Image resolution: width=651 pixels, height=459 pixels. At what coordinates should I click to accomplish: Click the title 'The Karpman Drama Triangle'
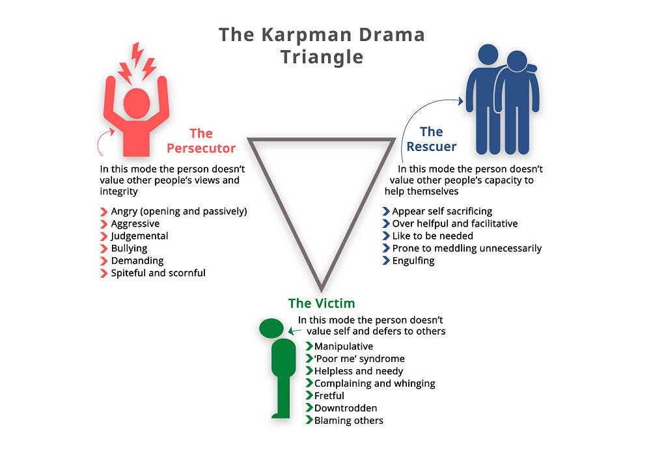[x=322, y=45]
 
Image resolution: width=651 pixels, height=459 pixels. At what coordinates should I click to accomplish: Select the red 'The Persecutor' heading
[x=201, y=141]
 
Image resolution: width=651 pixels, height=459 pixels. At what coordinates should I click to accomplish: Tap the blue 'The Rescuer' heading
[x=431, y=139]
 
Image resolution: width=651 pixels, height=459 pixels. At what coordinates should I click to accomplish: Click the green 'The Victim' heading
[x=322, y=303]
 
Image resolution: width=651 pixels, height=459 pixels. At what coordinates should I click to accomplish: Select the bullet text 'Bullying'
[x=129, y=248]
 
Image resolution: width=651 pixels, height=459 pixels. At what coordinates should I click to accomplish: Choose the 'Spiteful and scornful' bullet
[x=158, y=273]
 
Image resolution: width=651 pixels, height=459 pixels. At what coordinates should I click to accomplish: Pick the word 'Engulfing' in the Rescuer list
[x=413, y=260]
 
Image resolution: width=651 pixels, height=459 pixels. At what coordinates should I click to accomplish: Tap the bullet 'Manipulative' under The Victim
[x=343, y=346]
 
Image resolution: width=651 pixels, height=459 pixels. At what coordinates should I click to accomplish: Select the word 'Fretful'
[x=329, y=396]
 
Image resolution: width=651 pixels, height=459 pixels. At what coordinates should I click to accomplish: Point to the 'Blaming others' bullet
[x=348, y=421]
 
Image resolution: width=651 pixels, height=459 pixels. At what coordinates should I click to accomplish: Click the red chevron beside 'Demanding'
[x=104, y=260]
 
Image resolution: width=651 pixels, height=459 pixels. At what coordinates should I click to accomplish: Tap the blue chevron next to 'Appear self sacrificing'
[x=385, y=211]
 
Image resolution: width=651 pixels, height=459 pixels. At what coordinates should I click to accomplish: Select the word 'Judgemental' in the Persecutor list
[x=139, y=236]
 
